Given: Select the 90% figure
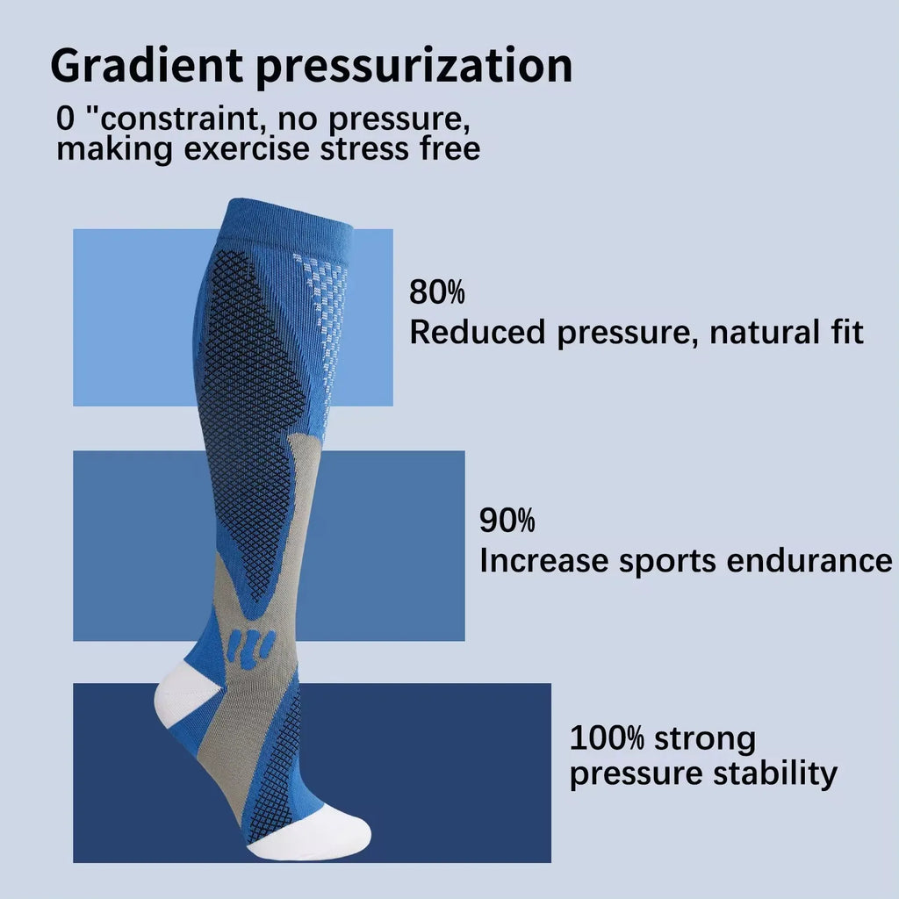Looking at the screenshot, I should pos(507,521).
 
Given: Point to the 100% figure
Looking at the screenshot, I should pos(607,737).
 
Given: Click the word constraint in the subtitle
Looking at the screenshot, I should pos(191,119).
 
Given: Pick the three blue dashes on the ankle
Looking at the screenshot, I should pos(250,646).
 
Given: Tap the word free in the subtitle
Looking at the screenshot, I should pos(448,147).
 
